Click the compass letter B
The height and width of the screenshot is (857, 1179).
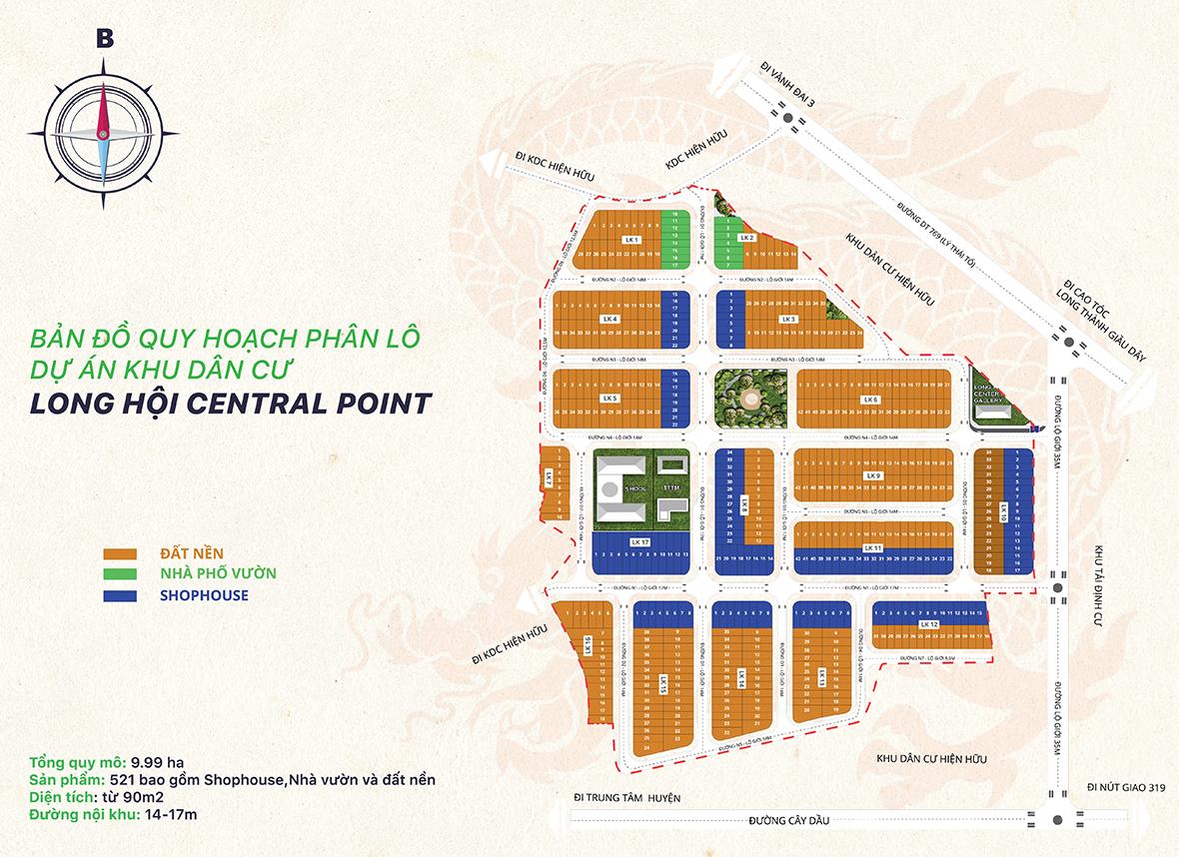(x=104, y=38)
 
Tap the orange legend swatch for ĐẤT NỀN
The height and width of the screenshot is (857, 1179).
(x=119, y=553)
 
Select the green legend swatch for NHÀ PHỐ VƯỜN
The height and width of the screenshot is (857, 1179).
(x=119, y=574)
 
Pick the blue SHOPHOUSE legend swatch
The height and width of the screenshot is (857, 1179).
(x=119, y=596)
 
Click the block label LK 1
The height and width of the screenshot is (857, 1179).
(x=629, y=241)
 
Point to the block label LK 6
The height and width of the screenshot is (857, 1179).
(x=870, y=400)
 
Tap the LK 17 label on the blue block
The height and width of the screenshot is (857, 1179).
(x=640, y=541)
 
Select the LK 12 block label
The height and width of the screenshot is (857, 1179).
(x=928, y=624)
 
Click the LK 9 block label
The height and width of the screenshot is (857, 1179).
(x=873, y=476)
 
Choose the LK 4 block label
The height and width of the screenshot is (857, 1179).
(x=609, y=319)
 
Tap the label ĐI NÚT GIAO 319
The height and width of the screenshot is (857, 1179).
(x=1126, y=787)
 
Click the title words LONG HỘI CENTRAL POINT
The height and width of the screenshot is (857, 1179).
(x=231, y=403)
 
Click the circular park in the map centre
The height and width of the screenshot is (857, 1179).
(x=749, y=399)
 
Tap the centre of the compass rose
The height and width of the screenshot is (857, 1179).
(x=104, y=133)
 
